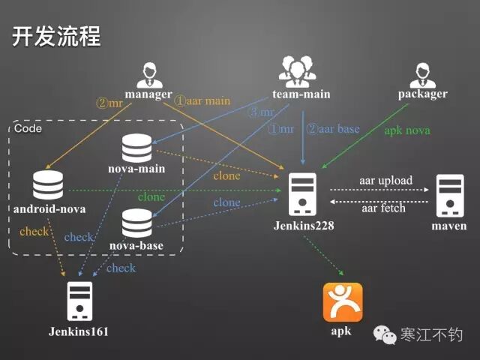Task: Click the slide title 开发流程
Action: tap(56, 37)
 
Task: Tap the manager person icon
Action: tap(148, 74)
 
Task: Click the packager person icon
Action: tap(422, 74)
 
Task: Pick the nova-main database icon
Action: tap(136, 147)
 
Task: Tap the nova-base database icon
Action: tap(136, 223)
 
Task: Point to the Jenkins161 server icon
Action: tap(79, 299)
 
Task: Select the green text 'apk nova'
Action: tap(407, 130)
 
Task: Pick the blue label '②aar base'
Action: tap(333, 128)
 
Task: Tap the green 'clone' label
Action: tap(151, 197)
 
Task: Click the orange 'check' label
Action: tap(34, 232)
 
